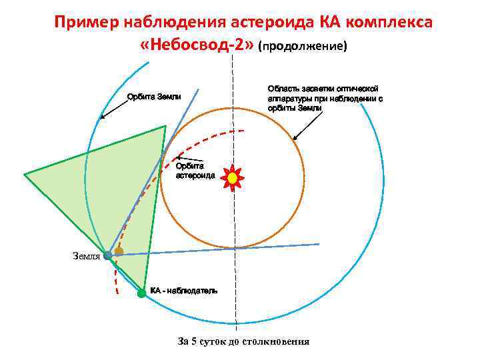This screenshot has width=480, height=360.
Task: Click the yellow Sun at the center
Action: coord(232,178)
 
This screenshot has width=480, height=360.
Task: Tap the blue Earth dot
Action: coord(108,255)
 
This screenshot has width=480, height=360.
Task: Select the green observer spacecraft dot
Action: coord(141,293)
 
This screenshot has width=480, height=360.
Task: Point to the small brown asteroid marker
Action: coord(119,251)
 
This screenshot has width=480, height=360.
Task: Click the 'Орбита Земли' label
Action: coord(154,97)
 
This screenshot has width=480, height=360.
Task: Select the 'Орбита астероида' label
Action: coord(195,171)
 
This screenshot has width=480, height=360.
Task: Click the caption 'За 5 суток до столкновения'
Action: coord(243,342)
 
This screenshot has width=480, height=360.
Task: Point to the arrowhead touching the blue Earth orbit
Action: coord(101,117)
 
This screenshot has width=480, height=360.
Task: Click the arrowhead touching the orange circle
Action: coord(295,138)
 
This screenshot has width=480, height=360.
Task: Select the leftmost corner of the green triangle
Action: coord(25,174)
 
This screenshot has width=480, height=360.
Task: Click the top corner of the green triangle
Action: coord(165,126)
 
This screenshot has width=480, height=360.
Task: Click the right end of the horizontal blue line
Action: coord(319,245)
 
